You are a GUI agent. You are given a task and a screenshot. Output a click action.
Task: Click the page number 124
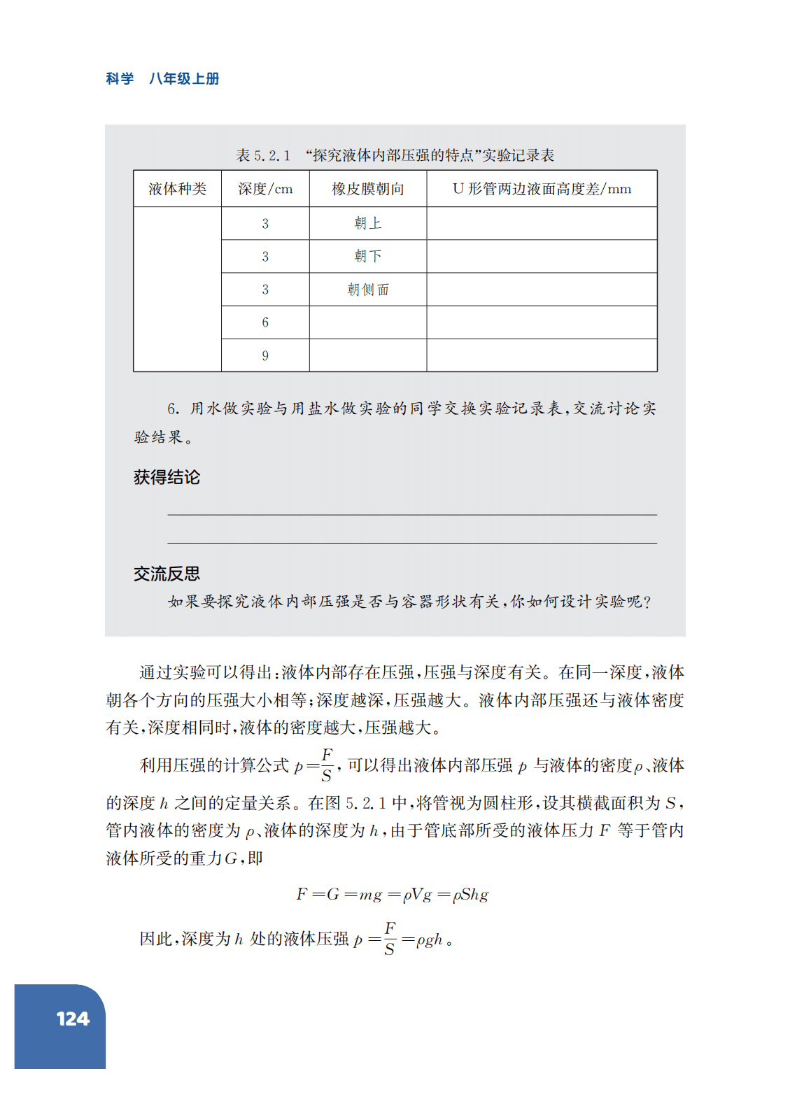[x=73, y=1019]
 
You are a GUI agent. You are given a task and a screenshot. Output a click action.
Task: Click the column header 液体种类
[x=177, y=189]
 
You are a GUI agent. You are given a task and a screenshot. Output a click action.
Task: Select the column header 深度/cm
[x=265, y=189]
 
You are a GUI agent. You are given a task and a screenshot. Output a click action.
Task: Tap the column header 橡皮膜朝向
[x=368, y=189]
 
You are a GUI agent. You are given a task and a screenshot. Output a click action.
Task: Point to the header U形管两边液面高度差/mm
[x=542, y=189]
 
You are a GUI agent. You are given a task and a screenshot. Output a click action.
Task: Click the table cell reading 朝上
[x=368, y=223]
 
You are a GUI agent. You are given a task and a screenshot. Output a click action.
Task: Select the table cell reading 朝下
[x=368, y=256]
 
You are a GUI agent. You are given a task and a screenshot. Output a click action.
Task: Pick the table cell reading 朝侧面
[x=368, y=290]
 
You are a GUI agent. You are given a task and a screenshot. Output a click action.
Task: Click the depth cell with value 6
[x=265, y=322]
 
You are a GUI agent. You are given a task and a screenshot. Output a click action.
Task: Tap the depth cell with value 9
[x=265, y=355]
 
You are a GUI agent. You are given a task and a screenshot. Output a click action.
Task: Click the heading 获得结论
[x=167, y=477]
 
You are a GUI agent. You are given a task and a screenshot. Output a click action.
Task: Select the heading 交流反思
[x=167, y=574]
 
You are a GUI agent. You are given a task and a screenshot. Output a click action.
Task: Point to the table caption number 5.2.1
[x=271, y=155]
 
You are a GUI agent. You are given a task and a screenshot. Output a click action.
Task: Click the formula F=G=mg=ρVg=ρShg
[x=392, y=895]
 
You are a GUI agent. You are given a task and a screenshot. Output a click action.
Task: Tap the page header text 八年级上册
[x=184, y=79]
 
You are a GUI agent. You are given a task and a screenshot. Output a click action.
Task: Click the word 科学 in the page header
[x=120, y=79]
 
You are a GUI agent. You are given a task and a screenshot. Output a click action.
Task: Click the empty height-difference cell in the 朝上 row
[x=542, y=223]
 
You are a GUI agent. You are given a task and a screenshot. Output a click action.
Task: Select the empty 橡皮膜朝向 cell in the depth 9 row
[x=368, y=355]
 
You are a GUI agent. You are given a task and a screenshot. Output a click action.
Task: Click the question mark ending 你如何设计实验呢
[x=647, y=602]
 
